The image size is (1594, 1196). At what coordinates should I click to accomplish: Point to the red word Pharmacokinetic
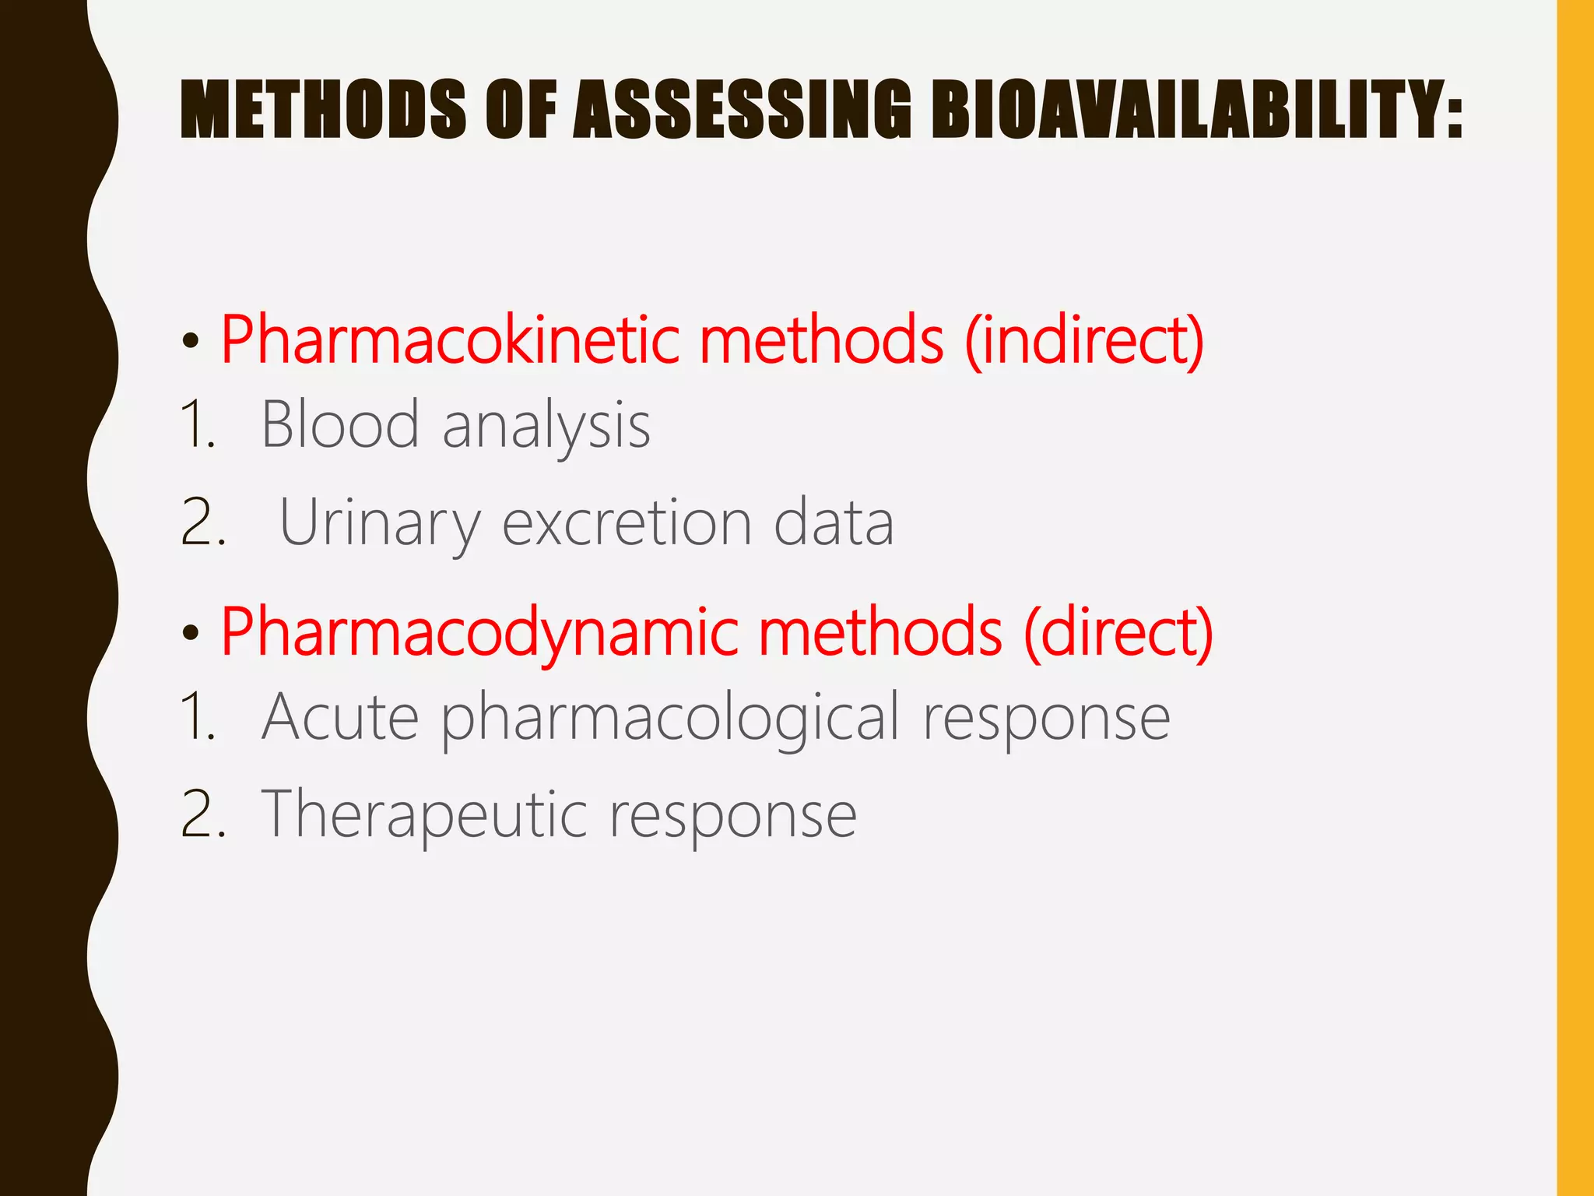(x=451, y=340)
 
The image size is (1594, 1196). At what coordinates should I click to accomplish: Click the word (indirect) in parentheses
(x=1084, y=340)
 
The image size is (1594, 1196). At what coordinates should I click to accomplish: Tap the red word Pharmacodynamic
(x=479, y=632)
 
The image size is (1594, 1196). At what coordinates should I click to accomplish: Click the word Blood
(x=340, y=424)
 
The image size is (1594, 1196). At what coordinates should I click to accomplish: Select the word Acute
(x=340, y=716)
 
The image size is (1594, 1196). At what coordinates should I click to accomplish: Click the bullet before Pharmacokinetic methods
(x=191, y=342)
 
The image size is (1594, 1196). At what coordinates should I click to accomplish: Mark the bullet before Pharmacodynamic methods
(x=191, y=634)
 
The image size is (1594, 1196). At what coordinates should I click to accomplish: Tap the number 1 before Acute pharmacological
(x=196, y=716)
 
